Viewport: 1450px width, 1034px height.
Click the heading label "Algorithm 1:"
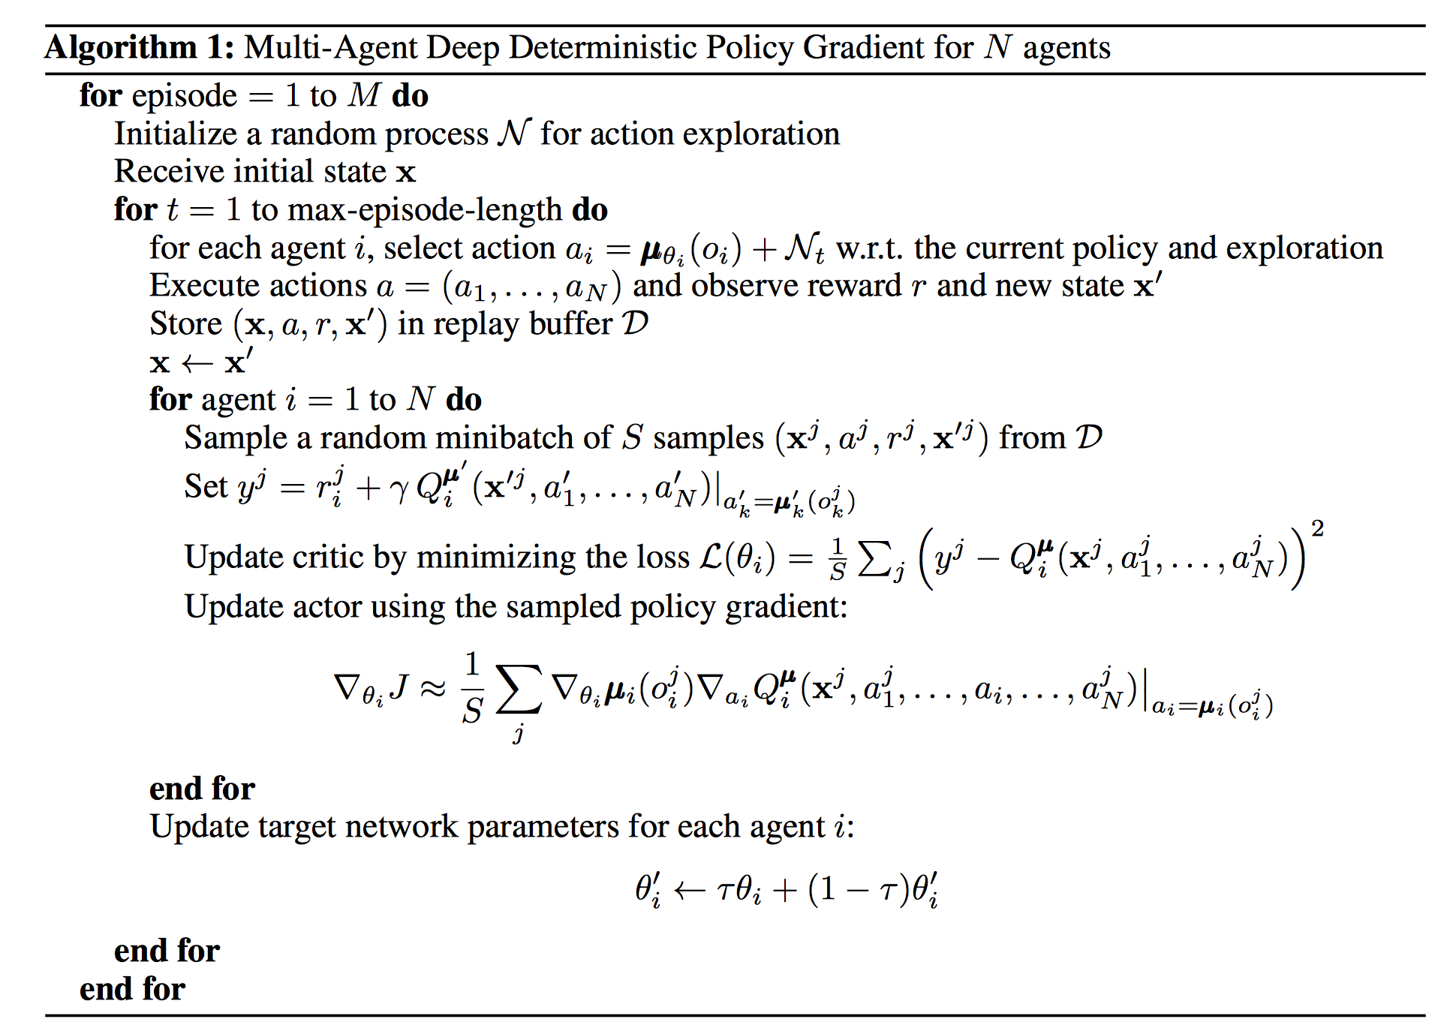point(140,48)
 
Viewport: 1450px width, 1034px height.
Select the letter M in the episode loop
point(365,95)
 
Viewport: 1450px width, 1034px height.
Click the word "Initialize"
point(176,134)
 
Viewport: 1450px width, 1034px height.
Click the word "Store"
point(186,324)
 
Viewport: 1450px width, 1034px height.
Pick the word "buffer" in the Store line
point(571,323)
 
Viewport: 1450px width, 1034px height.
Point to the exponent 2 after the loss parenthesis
point(1317,529)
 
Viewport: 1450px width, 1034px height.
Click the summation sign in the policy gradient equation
point(518,687)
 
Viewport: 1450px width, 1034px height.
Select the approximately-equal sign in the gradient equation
point(433,688)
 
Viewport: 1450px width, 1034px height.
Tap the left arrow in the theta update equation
point(689,891)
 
